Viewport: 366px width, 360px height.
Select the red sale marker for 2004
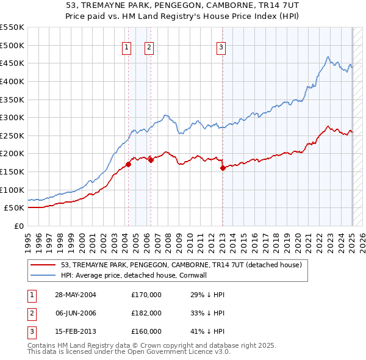128,164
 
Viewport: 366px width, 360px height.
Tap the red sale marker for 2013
223,168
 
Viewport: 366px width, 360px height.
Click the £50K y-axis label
15,208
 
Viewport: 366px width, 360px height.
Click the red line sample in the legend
43,265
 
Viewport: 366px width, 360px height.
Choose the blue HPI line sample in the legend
43,275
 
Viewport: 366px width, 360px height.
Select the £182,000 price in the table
146,313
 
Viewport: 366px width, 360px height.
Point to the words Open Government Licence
173,353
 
